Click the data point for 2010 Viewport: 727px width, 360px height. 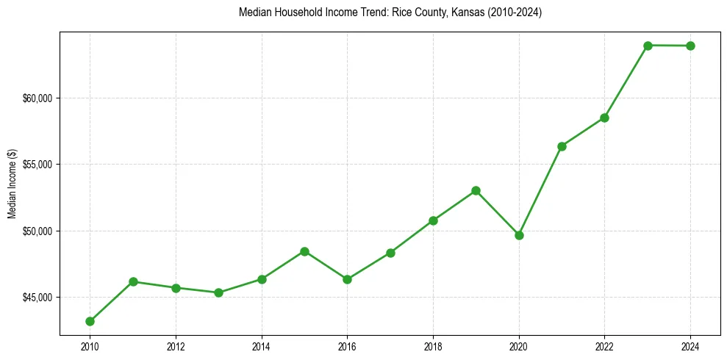click(90, 321)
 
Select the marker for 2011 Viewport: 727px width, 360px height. click(133, 281)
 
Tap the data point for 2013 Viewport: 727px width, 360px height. click(218, 292)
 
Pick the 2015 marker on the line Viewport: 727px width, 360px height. click(304, 251)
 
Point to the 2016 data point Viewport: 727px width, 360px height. click(347, 279)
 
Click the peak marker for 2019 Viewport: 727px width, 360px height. click(476, 190)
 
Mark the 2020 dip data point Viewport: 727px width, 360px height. click(519, 235)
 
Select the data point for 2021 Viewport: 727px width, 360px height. click(562, 146)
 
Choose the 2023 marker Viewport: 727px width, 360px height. click(648, 46)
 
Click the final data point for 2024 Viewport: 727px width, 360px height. click(691, 46)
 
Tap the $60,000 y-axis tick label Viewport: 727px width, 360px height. click(39, 98)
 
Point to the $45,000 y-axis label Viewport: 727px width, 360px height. click(39, 298)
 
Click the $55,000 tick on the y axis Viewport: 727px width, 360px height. click(39, 165)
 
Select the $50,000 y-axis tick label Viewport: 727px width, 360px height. click(39, 231)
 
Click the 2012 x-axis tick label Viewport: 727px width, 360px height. click(176, 346)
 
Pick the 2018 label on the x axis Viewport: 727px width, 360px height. click(433, 346)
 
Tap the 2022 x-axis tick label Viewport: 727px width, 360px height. click(604, 346)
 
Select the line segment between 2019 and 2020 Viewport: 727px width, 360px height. click(498, 213)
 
